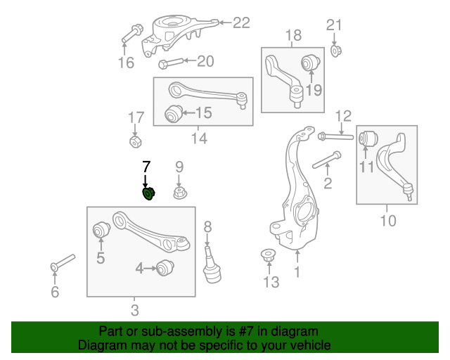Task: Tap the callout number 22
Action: tap(241, 23)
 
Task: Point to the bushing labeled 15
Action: tap(172, 113)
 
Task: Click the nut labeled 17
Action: tap(135, 142)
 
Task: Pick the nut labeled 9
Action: tap(180, 192)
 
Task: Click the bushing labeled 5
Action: tap(100, 230)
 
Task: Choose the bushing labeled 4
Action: tap(165, 268)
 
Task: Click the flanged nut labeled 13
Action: tap(268, 255)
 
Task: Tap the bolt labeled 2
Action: tap(325, 161)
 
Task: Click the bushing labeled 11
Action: tap(366, 139)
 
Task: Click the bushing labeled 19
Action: tap(311, 63)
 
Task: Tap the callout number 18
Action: tap(292, 35)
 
